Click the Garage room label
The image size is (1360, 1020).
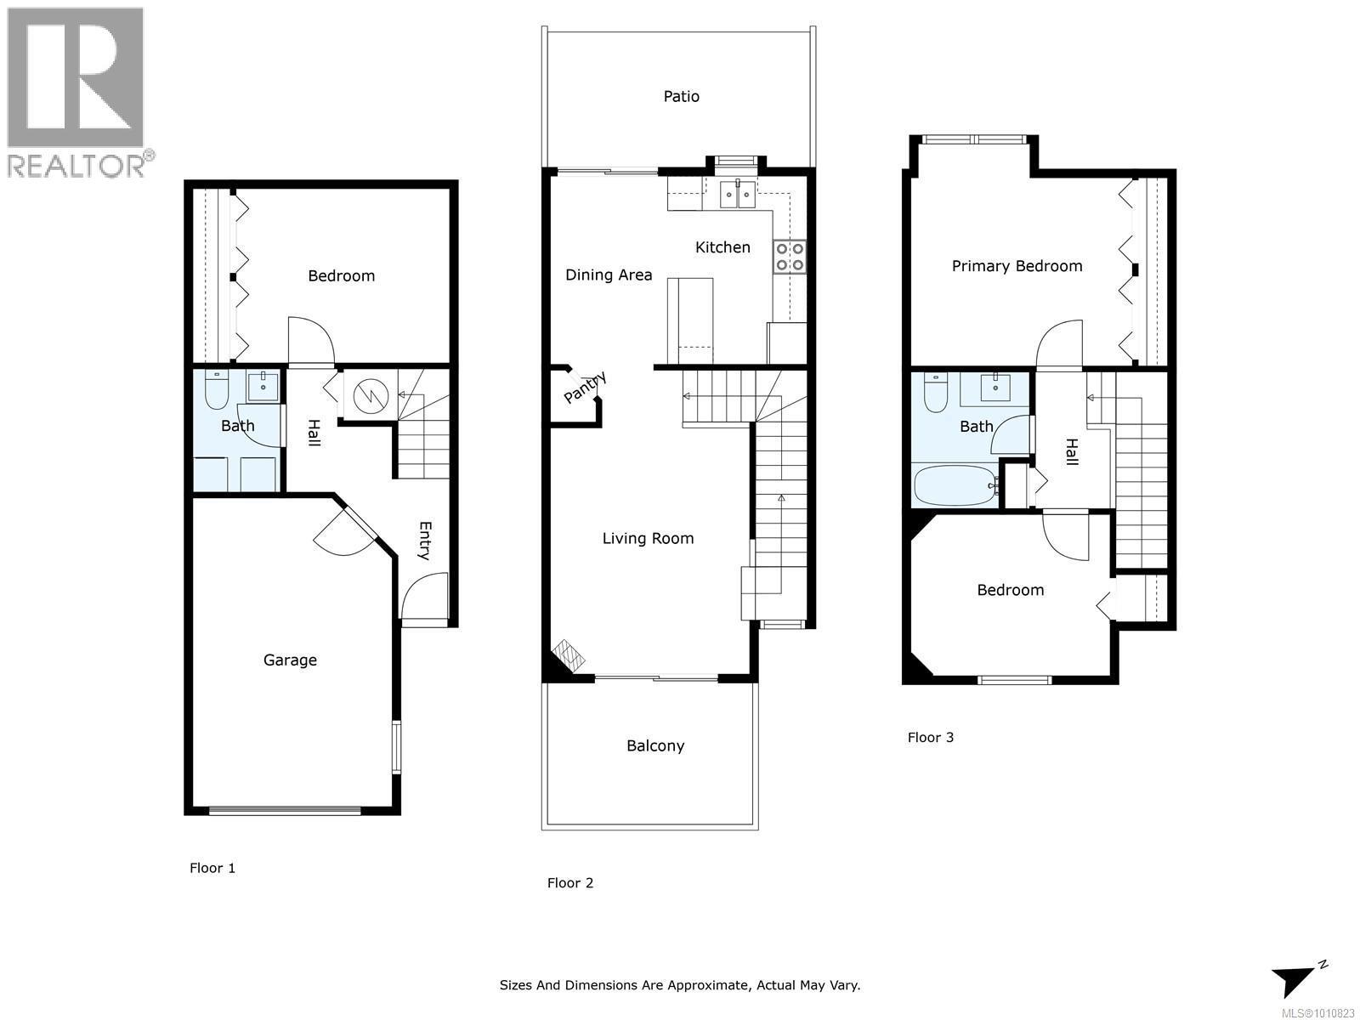pos(290,660)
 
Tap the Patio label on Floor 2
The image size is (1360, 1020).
pos(681,96)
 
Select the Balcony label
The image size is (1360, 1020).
pos(655,745)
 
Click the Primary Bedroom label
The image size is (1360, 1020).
pos(1017,266)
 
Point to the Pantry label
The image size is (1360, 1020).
pos(584,388)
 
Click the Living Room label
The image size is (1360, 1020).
pos(648,539)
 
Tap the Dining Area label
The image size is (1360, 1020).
pos(609,275)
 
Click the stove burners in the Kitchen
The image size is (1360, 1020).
pos(790,257)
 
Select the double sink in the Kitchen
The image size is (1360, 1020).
pos(737,195)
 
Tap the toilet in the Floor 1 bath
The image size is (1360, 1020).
pos(217,389)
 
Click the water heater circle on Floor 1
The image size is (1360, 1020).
pos(371,395)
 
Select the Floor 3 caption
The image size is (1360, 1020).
pos(931,738)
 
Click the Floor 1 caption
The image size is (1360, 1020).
pos(212,868)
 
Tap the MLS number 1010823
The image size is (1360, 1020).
pos(1317,1013)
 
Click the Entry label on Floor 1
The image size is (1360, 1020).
pos(425,541)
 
